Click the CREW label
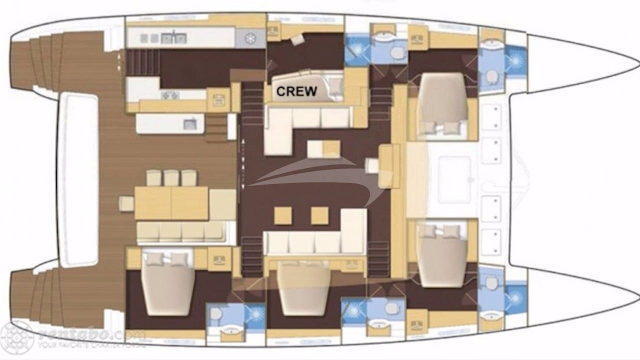click(x=296, y=91)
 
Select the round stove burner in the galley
click(x=249, y=37)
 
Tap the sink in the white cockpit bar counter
click(x=190, y=124)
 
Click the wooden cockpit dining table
click(x=171, y=203)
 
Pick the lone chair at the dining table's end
click(x=126, y=203)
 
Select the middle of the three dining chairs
click(x=171, y=177)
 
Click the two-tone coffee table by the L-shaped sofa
click(x=323, y=149)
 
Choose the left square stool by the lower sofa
click(x=282, y=215)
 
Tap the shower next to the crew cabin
click(x=356, y=49)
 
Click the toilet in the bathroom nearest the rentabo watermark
click(x=216, y=314)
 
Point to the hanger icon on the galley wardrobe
click(x=218, y=98)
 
